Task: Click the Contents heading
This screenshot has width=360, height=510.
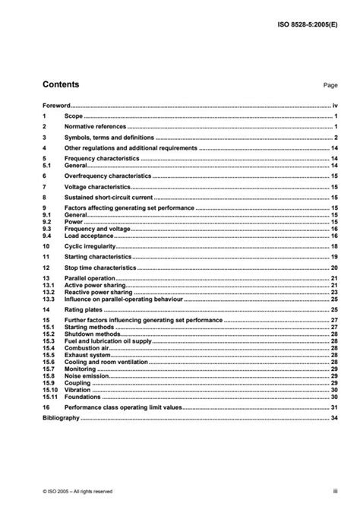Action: click(x=61, y=84)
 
